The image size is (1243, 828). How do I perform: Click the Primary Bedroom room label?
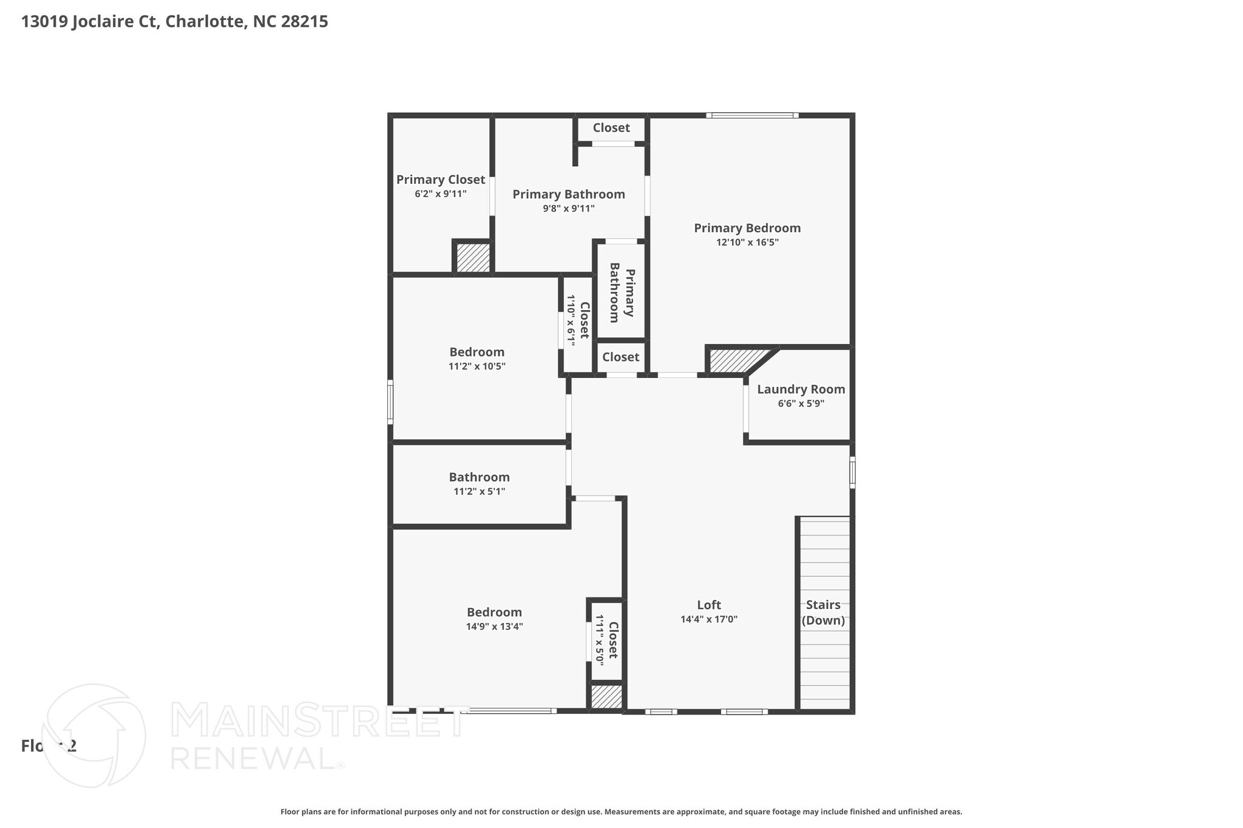(747, 228)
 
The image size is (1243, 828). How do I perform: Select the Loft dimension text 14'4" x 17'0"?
(709, 619)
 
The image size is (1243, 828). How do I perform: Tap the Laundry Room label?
(801, 389)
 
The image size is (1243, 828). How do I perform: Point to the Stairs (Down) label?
(823, 612)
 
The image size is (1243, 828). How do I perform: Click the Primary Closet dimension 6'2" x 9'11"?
(441, 194)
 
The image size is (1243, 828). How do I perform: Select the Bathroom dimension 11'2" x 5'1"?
(479, 491)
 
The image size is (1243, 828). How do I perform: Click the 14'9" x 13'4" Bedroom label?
(494, 613)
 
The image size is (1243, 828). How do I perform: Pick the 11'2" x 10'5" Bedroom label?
(476, 352)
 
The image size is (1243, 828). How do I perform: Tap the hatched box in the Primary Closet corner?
(473, 258)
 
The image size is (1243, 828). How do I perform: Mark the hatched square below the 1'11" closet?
(606, 696)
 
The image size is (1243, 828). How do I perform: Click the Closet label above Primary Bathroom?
(611, 128)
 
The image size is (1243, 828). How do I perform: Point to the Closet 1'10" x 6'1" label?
(578, 320)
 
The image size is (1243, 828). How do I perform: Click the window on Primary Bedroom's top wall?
(752, 115)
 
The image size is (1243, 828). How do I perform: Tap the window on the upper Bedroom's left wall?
(390, 402)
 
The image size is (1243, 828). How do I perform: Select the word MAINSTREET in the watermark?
(318, 721)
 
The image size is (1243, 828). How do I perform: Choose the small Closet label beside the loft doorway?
(620, 357)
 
